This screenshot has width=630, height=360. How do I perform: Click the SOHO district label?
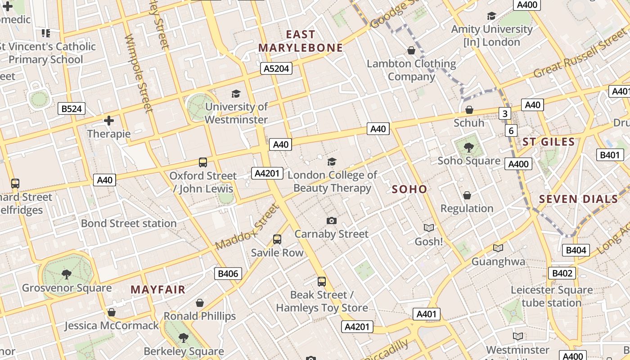pyautogui.click(x=409, y=189)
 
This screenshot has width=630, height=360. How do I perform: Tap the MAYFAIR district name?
pyautogui.click(x=158, y=289)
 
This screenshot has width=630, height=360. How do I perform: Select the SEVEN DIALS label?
pyautogui.click(x=578, y=199)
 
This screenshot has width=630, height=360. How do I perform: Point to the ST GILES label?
pyautogui.click(x=549, y=142)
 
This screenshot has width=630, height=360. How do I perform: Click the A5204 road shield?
pyautogui.click(x=276, y=68)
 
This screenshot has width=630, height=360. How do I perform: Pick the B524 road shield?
pyautogui.click(x=72, y=108)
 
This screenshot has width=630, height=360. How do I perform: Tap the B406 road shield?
pyautogui.click(x=228, y=273)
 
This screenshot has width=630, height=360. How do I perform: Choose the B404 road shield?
pyautogui.click(x=576, y=250)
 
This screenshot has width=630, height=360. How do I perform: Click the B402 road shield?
pyautogui.click(x=562, y=273)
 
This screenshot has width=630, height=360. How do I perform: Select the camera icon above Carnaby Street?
pyautogui.click(x=332, y=220)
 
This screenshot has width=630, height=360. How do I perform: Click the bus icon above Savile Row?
pyautogui.click(x=277, y=239)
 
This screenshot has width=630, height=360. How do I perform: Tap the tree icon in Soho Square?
pyautogui.click(x=469, y=147)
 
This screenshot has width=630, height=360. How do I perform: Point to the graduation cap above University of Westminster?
pyautogui.click(x=236, y=94)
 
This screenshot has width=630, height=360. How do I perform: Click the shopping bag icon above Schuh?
pyautogui.click(x=469, y=110)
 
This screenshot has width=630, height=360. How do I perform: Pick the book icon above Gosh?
pyautogui.click(x=428, y=228)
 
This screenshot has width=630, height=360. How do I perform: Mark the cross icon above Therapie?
pyautogui.click(x=108, y=121)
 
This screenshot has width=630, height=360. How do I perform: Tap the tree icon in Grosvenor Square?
pyautogui.click(x=66, y=274)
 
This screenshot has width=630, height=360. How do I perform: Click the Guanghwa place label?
pyautogui.click(x=498, y=261)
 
